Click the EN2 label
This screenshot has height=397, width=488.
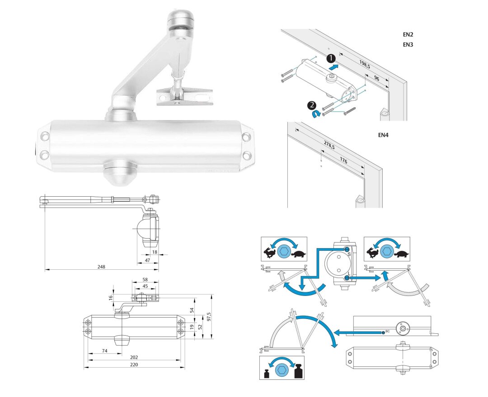point(408,34)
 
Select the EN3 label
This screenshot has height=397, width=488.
point(408,45)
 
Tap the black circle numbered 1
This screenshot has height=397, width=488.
point(331,58)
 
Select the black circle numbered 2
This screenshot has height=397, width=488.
point(311,105)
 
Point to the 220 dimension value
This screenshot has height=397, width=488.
point(134,364)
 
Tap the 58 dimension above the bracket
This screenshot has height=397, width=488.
point(145,280)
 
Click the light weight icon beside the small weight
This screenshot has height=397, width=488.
point(267,373)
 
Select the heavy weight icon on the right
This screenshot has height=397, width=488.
point(298,372)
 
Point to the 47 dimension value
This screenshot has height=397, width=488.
point(147,260)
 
